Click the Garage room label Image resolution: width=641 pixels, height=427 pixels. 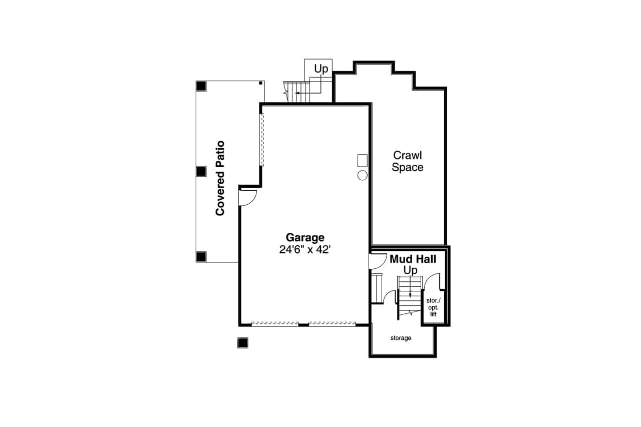pyautogui.click(x=305, y=237)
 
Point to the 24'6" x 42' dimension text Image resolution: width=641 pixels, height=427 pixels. pyautogui.click(x=305, y=250)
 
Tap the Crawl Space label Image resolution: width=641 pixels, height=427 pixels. pyautogui.click(x=407, y=161)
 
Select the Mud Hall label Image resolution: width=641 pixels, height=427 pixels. pyautogui.click(x=413, y=259)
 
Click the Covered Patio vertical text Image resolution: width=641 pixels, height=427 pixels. pyautogui.click(x=220, y=178)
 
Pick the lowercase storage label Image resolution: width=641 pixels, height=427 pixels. pyautogui.click(x=401, y=338)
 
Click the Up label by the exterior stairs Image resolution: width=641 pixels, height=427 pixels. pyautogui.click(x=321, y=69)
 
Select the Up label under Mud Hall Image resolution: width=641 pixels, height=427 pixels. pyautogui.click(x=410, y=270)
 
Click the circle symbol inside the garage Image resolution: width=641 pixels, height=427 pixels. pyautogui.click(x=362, y=175)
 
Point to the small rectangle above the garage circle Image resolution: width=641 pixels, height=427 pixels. pyautogui.click(x=362, y=161)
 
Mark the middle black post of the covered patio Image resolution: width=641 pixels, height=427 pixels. pyautogui.click(x=201, y=171)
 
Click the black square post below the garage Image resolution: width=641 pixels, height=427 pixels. pyautogui.click(x=242, y=342)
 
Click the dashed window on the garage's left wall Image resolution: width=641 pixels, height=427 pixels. pyautogui.click(x=261, y=140)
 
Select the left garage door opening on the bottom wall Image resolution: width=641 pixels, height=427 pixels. pyautogui.click(x=275, y=324)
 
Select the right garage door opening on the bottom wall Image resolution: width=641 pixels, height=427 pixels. pyautogui.click(x=332, y=324)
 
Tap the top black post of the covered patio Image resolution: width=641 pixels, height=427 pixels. pyautogui.click(x=201, y=86)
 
